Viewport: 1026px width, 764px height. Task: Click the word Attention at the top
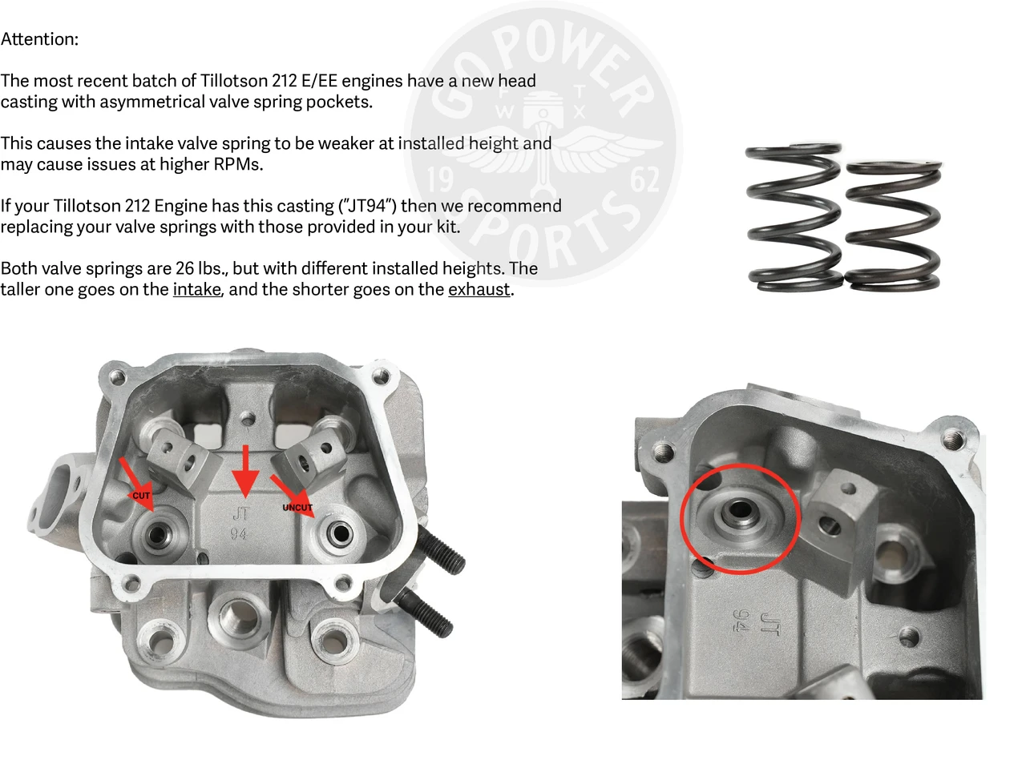click(38, 39)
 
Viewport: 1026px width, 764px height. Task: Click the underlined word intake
click(196, 289)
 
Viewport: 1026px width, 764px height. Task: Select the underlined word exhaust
click(479, 289)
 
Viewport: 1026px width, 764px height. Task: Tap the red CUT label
click(141, 496)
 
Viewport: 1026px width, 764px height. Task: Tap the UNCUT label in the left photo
click(297, 508)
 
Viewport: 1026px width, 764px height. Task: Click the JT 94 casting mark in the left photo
click(240, 523)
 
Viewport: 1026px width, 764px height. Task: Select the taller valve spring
click(793, 216)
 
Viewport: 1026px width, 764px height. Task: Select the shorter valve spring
click(892, 226)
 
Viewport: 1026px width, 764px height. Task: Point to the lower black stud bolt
click(425, 613)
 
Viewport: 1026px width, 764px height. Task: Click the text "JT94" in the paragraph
click(365, 206)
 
